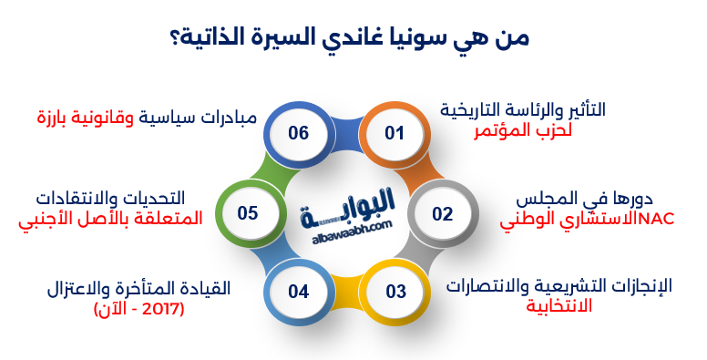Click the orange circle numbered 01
click(x=394, y=133)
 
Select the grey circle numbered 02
click(x=442, y=214)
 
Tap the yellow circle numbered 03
click(x=394, y=293)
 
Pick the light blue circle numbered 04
click(x=299, y=293)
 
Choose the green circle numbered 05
click(x=249, y=213)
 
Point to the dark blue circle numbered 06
click(x=298, y=133)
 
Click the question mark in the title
click(x=174, y=39)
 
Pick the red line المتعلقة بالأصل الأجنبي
click(x=109, y=219)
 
